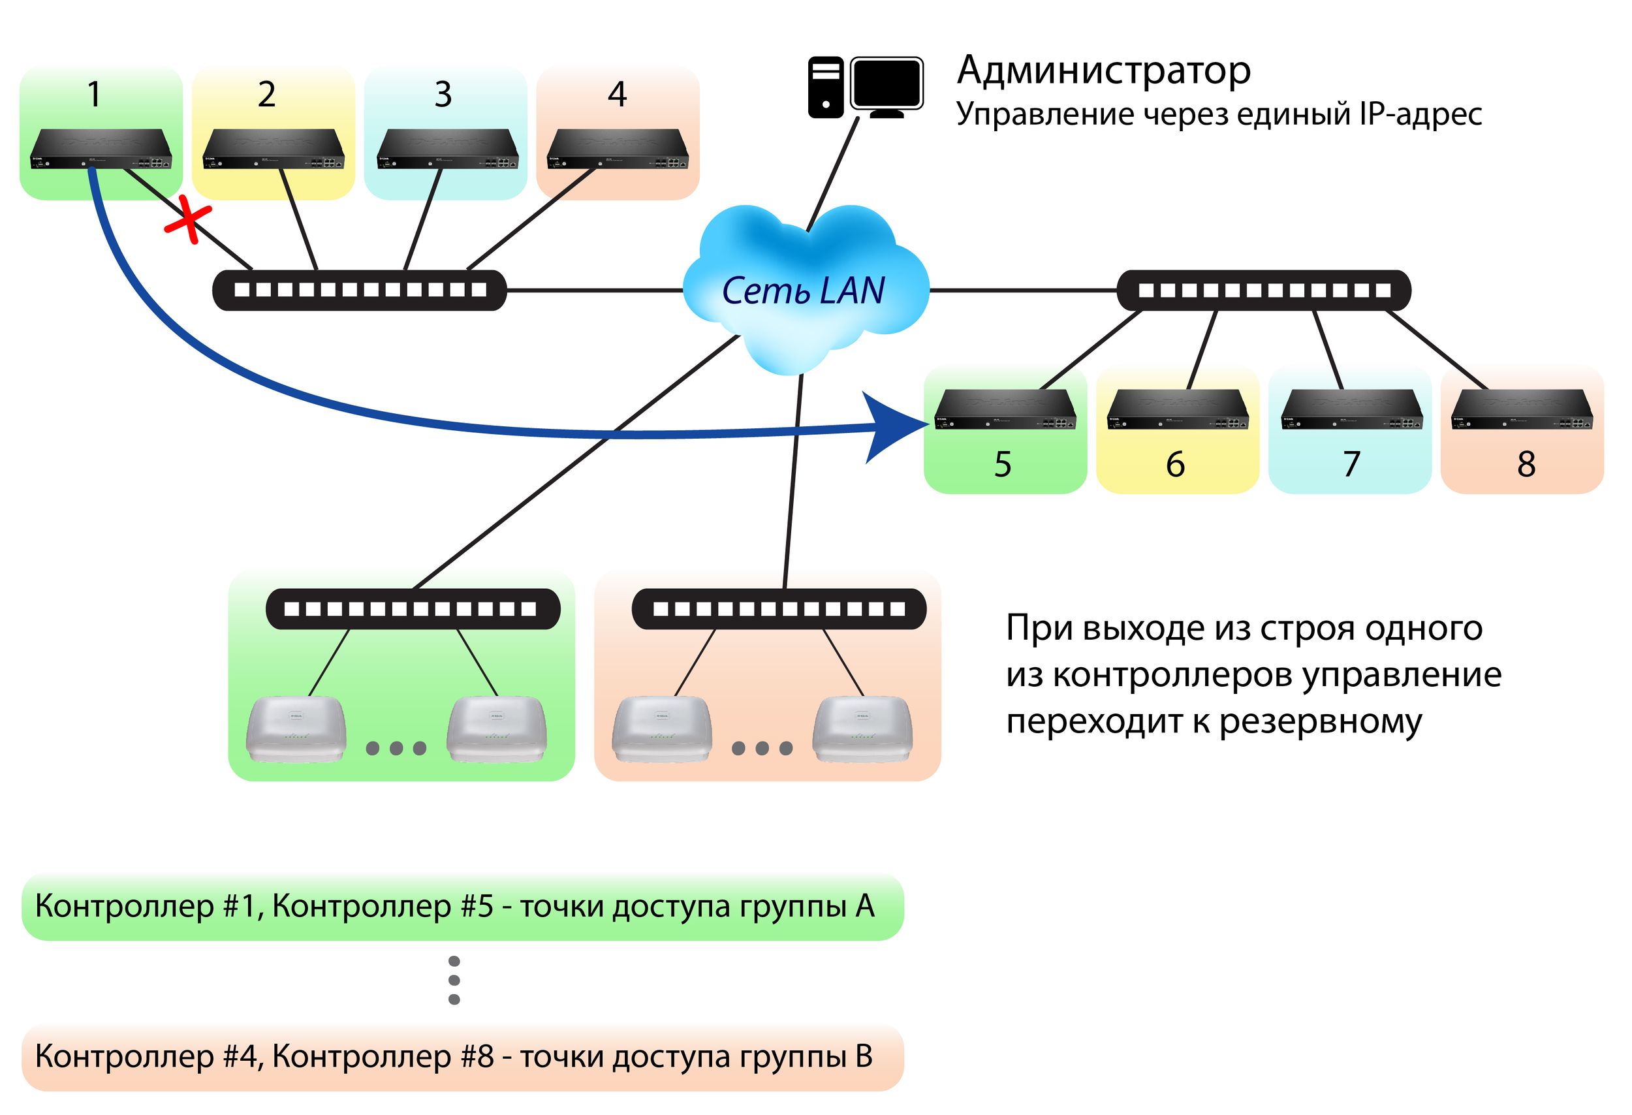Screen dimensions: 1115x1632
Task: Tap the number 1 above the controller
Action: coord(93,95)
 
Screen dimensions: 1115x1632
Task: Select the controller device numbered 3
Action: coord(447,149)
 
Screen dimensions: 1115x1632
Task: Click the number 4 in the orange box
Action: coord(616,95)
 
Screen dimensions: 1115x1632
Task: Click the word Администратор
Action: coord(1103,71)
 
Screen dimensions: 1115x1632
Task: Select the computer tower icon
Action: coord(826,87)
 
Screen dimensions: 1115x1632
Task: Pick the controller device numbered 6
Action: coord(1178,409)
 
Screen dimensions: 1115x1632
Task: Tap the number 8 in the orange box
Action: coord(1526,464)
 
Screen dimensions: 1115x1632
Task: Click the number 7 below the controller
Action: coord(1352,464)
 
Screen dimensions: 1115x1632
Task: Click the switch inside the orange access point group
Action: coord(779,609)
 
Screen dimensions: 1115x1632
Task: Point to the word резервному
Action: coord(1320,721)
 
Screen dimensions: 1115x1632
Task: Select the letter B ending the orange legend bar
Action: coord(864,1056)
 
